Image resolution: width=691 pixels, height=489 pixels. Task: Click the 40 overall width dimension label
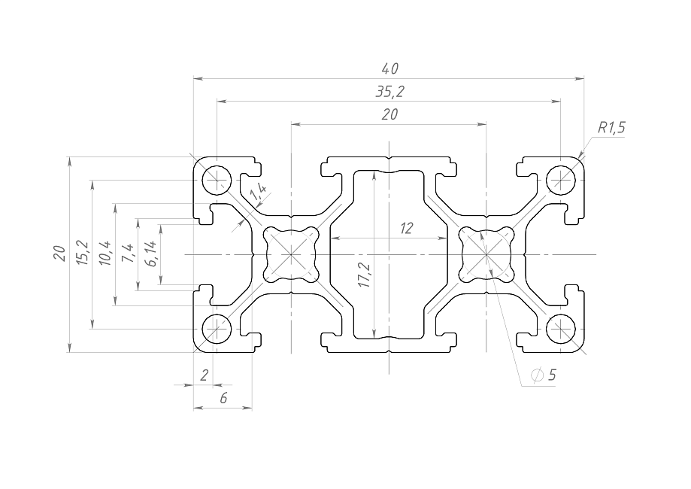click(x=389, y=69)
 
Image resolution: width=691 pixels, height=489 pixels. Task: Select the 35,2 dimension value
click(x=389, y=92)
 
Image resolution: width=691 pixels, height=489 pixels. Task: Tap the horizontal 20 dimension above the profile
click(x=389, y=114)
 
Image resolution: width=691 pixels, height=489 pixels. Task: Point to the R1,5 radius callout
click(x=611, y=128)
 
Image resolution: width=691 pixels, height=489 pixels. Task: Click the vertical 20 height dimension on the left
click(x=59, y=254)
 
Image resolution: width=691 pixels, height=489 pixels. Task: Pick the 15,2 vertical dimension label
click(x=82, y=254)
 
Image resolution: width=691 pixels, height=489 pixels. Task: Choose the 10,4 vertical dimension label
click(x=105, y=254)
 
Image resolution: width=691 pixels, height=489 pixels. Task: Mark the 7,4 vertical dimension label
click(x=127, y=254)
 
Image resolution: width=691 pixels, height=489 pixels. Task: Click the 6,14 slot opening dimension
click(x=150, y=254)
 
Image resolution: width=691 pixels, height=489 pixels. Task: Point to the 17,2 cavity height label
click(x=364, y=276)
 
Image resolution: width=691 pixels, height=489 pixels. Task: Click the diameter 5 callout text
click(x=544, y=375)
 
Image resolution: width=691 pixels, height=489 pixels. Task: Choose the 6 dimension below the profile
click(x=223, y=399)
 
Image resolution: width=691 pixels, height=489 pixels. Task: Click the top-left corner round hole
click(x=217, y=179)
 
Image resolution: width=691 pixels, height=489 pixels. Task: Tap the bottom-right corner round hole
click(x=561, y=329)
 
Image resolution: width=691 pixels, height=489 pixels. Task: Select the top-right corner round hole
click(x=561, y=179)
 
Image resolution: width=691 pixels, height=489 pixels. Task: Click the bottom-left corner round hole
click(x=217, y=329)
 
